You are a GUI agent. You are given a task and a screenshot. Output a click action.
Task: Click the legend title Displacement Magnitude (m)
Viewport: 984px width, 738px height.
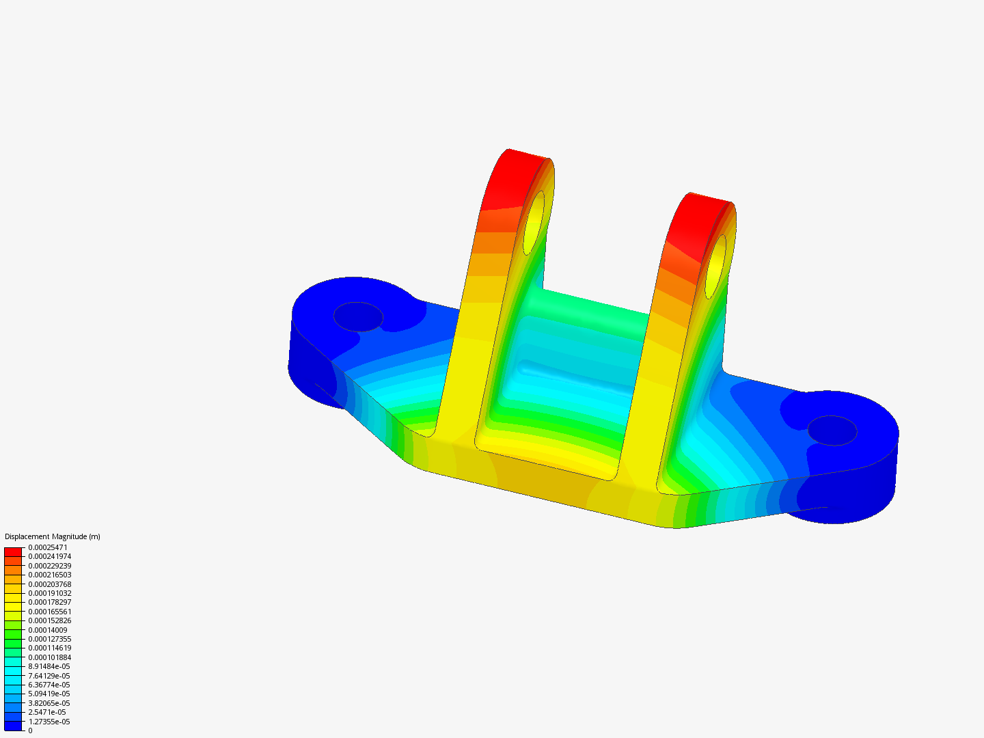53,536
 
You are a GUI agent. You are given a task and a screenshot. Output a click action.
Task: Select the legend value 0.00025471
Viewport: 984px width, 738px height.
48,547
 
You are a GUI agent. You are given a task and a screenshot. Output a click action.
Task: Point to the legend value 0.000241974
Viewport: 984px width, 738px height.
50,556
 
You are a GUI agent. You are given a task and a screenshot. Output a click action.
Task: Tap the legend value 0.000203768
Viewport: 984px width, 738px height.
50,584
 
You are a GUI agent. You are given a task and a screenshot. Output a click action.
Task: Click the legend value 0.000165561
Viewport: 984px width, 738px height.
50,612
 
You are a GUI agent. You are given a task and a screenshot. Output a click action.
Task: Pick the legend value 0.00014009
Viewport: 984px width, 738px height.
48,630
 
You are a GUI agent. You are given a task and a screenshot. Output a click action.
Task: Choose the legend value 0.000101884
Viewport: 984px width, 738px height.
50,657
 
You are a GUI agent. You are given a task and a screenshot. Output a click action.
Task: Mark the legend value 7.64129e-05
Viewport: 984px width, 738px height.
49,676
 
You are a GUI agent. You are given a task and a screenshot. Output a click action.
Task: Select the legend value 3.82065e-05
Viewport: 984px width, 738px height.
49,703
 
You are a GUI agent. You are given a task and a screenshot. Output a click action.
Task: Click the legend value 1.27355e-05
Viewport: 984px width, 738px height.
49,722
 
